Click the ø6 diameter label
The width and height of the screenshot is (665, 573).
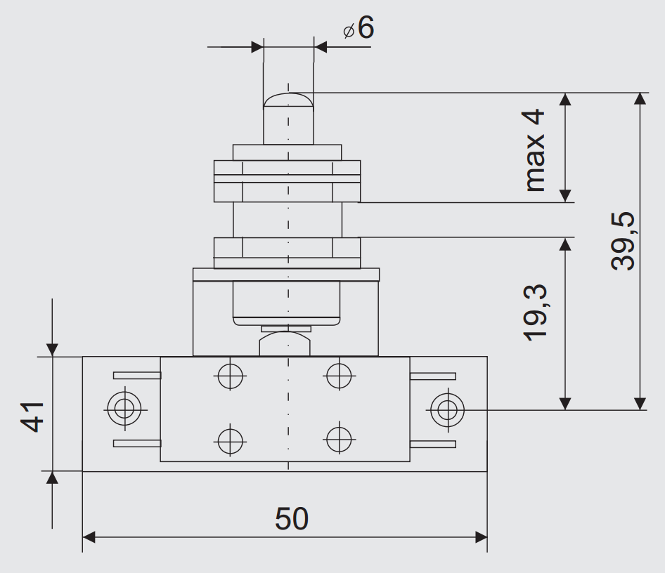point(359,27)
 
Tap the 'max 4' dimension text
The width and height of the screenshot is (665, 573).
point(534,150)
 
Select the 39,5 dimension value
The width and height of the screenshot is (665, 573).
point(623,241)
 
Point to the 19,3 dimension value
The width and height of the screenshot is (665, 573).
point(535,312)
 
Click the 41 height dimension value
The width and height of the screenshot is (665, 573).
point(32,416)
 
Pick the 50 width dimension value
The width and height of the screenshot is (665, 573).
point(291,518)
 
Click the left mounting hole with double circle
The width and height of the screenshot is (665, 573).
point(124,409)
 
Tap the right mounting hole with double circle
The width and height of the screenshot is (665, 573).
point(447,409)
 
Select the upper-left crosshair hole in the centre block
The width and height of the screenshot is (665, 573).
point(231,376)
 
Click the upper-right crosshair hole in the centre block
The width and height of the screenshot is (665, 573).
point(340,375)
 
